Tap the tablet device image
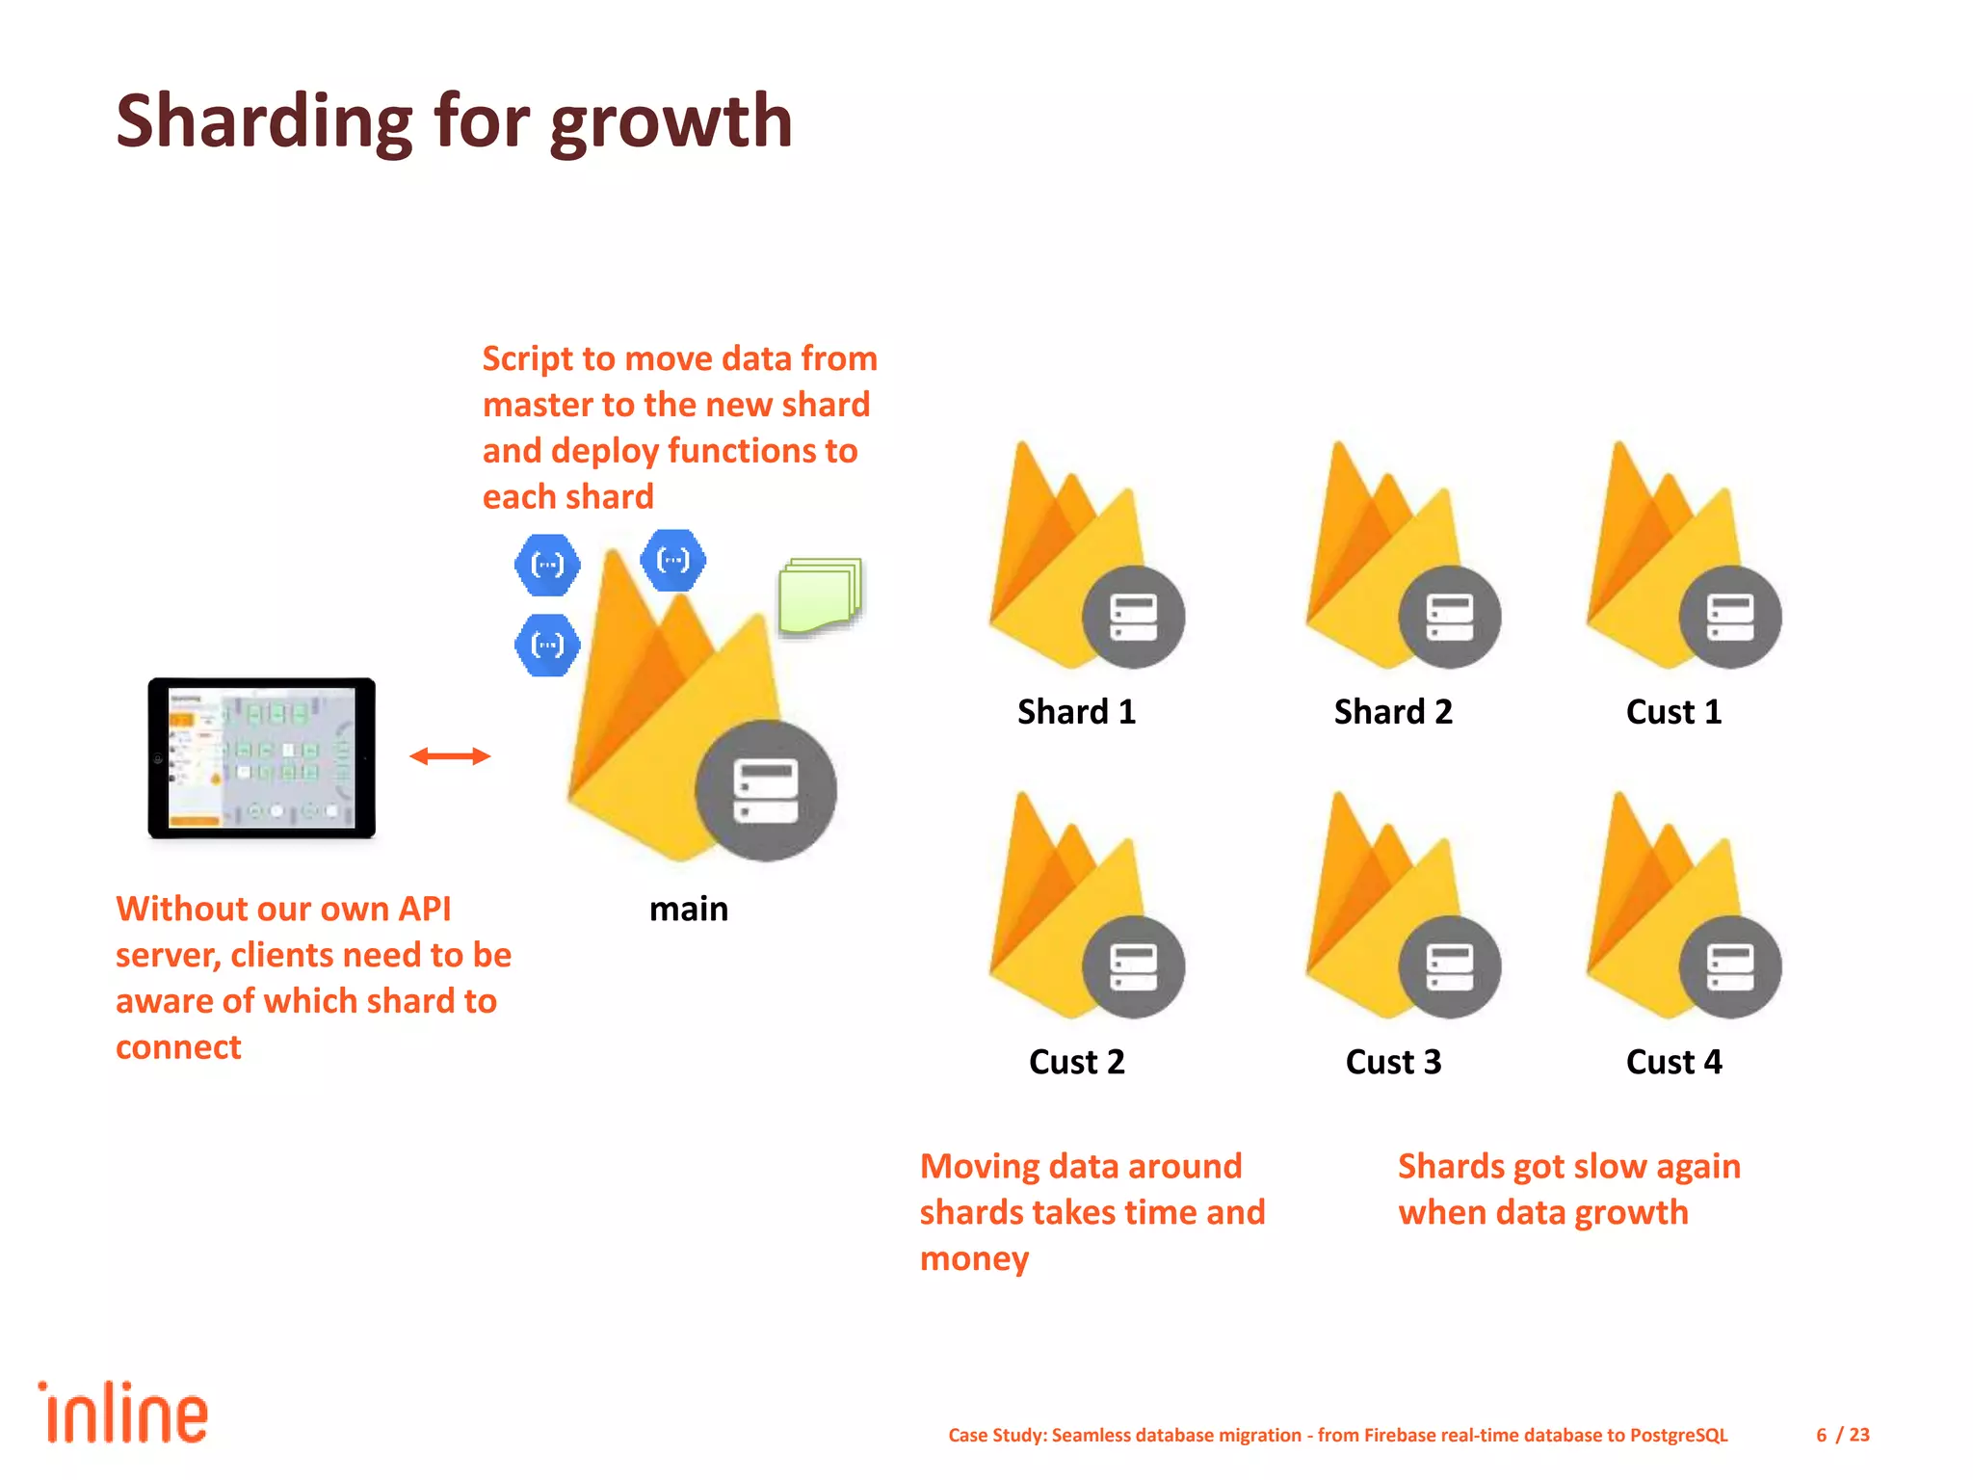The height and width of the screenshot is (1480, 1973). coord(261,758)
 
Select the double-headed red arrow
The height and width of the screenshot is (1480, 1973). coord(450,756)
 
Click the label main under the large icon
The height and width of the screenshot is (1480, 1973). coord(688,910)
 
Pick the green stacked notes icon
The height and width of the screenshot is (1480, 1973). coord(820,595)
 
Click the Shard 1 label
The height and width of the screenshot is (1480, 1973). coord(1076,712)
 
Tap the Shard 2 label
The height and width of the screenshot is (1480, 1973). coord(1392,712)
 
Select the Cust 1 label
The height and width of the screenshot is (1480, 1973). coord(1673,712)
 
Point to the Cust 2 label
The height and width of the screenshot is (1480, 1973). coord(1076,1062)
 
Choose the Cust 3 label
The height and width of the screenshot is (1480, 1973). coord(1392,1062)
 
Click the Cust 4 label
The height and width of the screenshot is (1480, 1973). coord(1673,1062)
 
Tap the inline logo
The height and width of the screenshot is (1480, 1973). coord(122,1413)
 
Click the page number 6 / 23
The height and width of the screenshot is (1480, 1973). coord(1842,1435)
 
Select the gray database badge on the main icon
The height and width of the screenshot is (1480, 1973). coord(766,790)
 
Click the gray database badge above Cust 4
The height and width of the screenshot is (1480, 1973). coord(1730,966)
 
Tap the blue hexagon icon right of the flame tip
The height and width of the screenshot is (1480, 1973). coord(672,560)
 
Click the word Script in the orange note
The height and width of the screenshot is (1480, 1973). coord(529,358)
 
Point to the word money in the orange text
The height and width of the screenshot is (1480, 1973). coord(974,1259)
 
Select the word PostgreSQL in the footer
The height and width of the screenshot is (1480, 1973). coord(1678,1435)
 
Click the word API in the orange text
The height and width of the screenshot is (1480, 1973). coord(424,910)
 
